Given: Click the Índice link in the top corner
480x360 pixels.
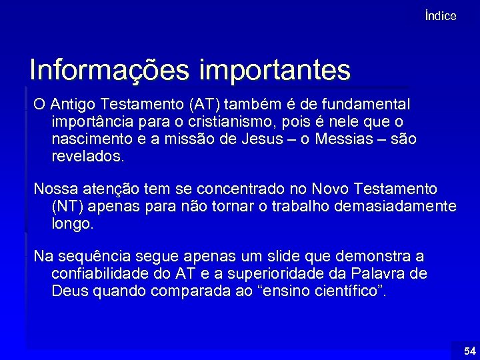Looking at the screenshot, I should (x=440, y=16).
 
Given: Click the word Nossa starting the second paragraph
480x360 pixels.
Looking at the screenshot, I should (x=55, y=189).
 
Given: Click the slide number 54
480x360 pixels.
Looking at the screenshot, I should (x=470, y=351).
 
